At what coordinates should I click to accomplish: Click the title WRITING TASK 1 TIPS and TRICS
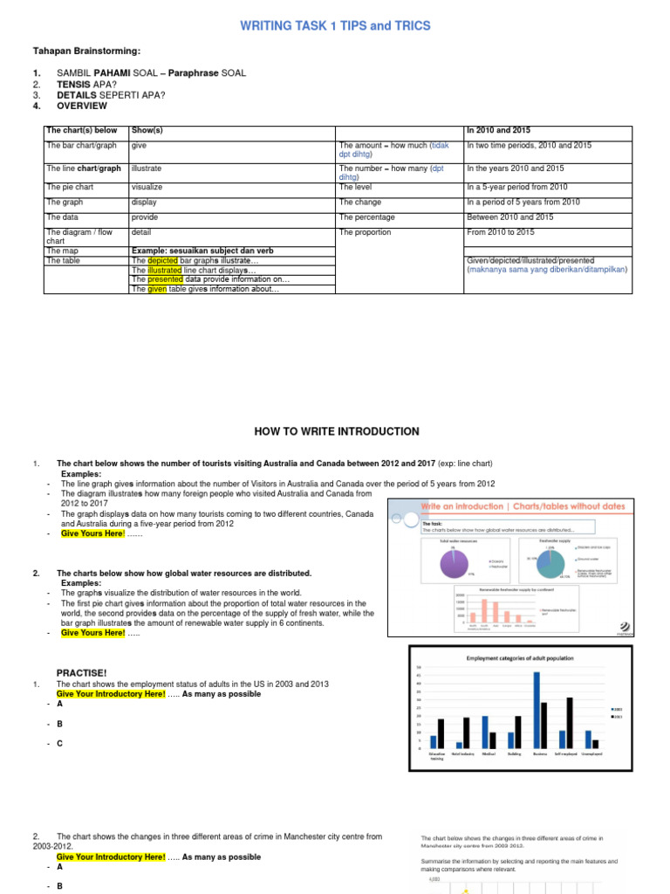tap(336, 26)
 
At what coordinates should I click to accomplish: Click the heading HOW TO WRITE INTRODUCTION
tap(336, 431)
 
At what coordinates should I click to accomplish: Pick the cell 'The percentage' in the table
tap(366, 217)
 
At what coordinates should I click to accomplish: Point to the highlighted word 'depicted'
tap(162, 260)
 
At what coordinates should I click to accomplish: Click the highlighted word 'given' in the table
tap(156, 289)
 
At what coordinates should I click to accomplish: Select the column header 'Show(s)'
tap(147, 131)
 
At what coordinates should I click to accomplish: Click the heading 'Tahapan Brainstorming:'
tap(75, 51)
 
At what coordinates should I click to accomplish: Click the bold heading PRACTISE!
tap(81, 672)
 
